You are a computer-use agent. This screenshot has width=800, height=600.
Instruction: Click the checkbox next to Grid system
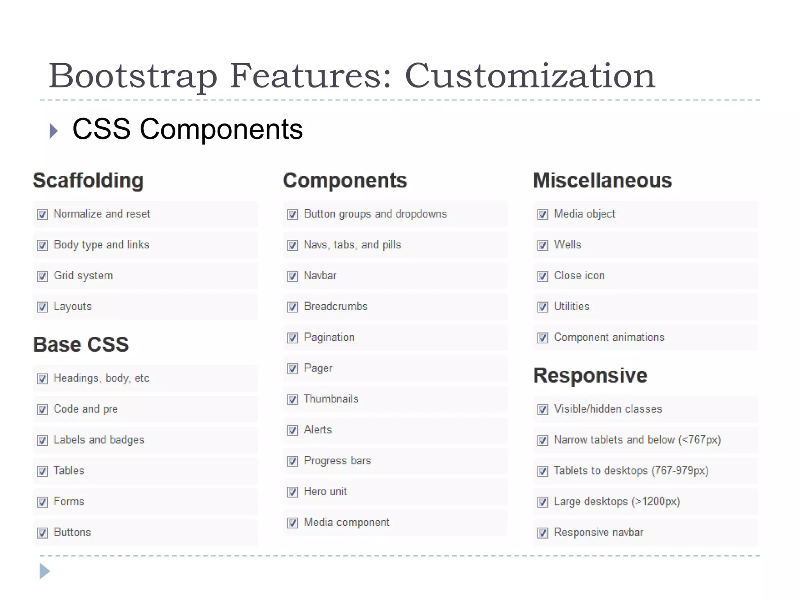(43, 276)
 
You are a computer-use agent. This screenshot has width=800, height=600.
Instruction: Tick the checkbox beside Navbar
(293, 276)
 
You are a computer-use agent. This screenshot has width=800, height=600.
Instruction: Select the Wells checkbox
(543, 245)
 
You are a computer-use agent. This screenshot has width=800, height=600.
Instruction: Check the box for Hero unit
(293, 492)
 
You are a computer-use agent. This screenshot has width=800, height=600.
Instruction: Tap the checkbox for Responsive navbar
(543, 533)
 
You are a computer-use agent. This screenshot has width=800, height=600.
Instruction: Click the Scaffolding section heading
(88, 180)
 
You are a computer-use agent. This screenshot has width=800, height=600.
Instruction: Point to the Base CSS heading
(81, 345)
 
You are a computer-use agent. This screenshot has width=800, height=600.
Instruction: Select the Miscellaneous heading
(602, 180)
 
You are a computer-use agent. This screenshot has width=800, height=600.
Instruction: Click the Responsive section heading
(590, 375)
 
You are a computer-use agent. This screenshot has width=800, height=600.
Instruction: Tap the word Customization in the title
(530, 76)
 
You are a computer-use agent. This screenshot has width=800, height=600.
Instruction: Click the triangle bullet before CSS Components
(54, 131)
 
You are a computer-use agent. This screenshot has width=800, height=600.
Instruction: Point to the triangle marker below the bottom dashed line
(45, 571)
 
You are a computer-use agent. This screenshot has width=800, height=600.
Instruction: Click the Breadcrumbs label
(336, 306)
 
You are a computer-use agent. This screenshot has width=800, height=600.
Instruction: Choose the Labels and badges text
(99, 440)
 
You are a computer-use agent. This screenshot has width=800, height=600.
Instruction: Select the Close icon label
(579, 275)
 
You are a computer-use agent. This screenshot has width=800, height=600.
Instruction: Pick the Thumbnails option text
(331, 399)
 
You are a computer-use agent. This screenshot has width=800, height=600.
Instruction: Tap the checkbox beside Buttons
(43, 533)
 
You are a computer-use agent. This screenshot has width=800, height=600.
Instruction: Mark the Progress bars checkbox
(293, 461)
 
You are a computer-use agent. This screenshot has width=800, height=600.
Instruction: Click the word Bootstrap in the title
(133, 76)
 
